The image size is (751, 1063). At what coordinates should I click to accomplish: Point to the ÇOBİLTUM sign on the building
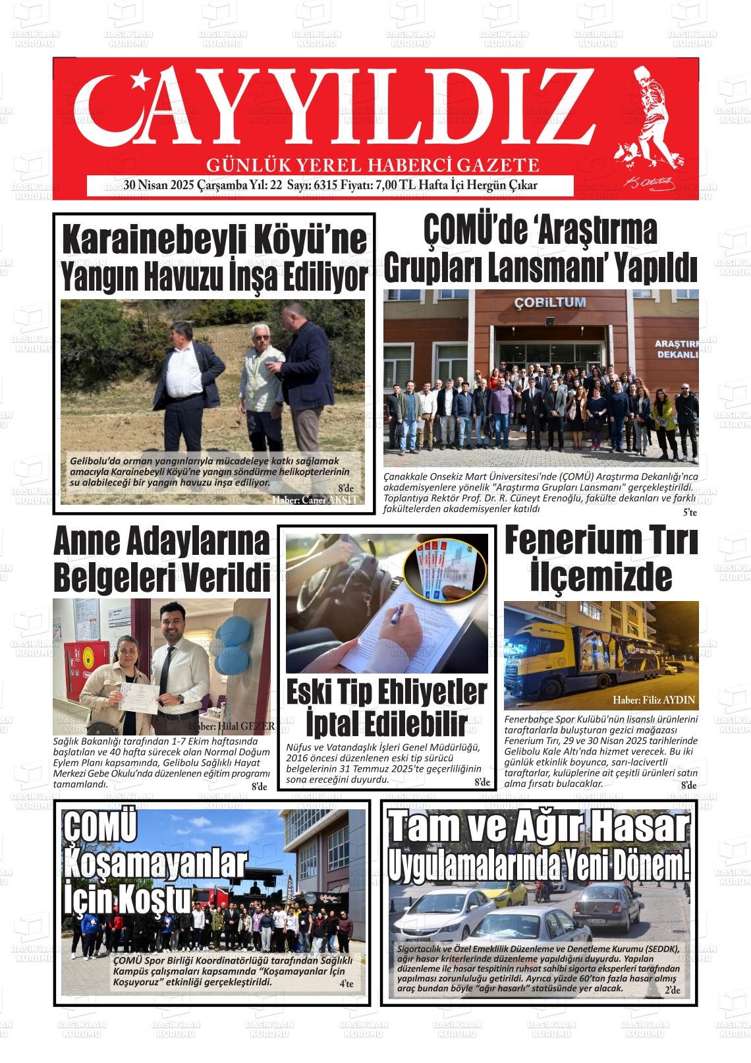542,302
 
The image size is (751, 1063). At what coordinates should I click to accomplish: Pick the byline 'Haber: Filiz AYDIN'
653,700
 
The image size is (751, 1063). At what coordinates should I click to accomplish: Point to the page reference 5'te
689,512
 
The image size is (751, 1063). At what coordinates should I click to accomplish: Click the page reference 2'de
672,991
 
